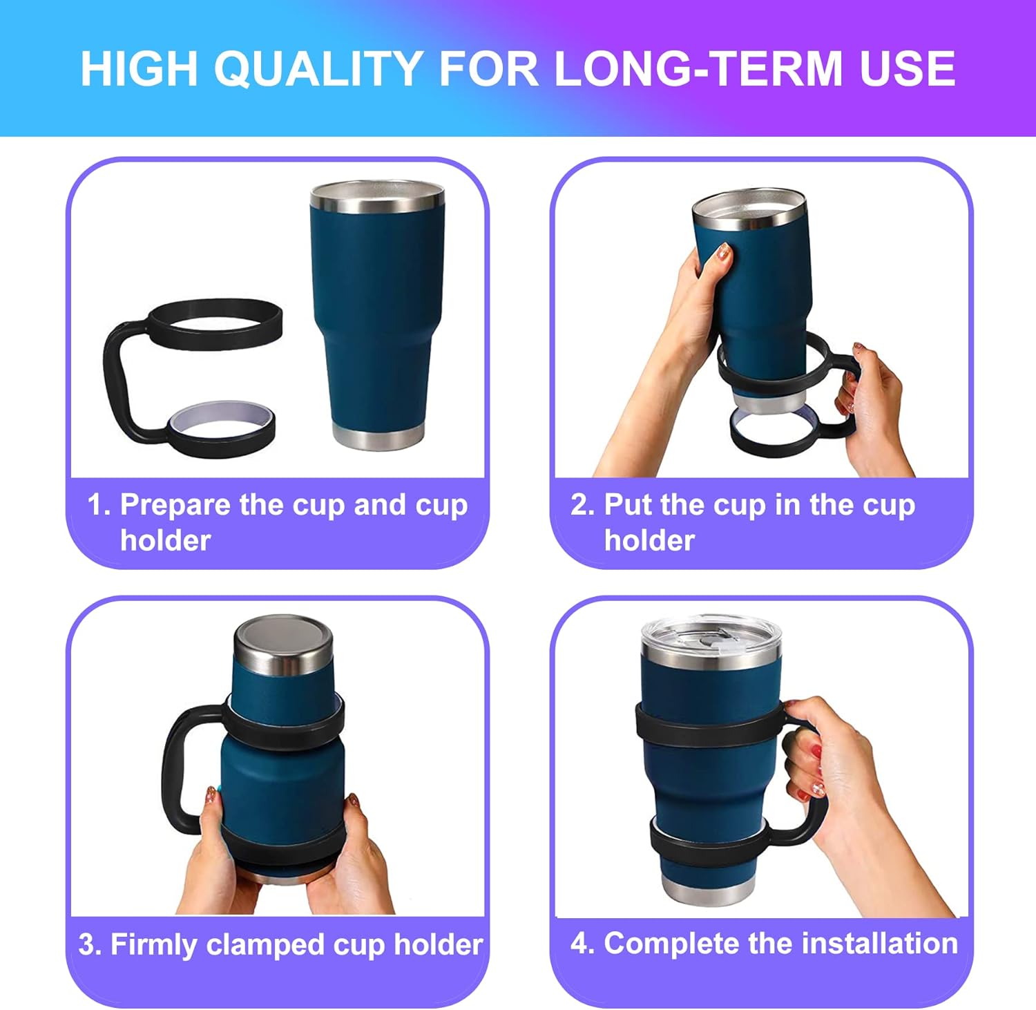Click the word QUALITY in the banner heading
[318, 69]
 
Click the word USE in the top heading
[907, 69]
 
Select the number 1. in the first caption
[99, 505]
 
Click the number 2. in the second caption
[582, 505]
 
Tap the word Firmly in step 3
[153, 945]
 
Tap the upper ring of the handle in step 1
[214, 319]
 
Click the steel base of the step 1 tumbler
[378, 437]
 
